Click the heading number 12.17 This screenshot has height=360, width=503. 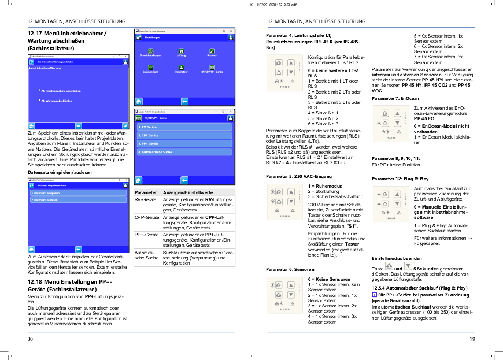point(35,33)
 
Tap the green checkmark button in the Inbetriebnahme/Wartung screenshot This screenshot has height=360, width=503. point(125,125)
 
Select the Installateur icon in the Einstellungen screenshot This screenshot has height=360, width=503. point(181,69)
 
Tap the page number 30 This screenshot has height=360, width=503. point(31,339)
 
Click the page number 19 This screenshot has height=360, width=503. point(472,339)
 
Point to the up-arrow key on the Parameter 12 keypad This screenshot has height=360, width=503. point(397,194)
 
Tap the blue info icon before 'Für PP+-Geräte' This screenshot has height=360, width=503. point(373,295)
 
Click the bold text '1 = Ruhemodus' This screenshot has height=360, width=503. point(325,186)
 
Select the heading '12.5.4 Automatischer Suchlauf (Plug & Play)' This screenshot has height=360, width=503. point(420,287)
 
